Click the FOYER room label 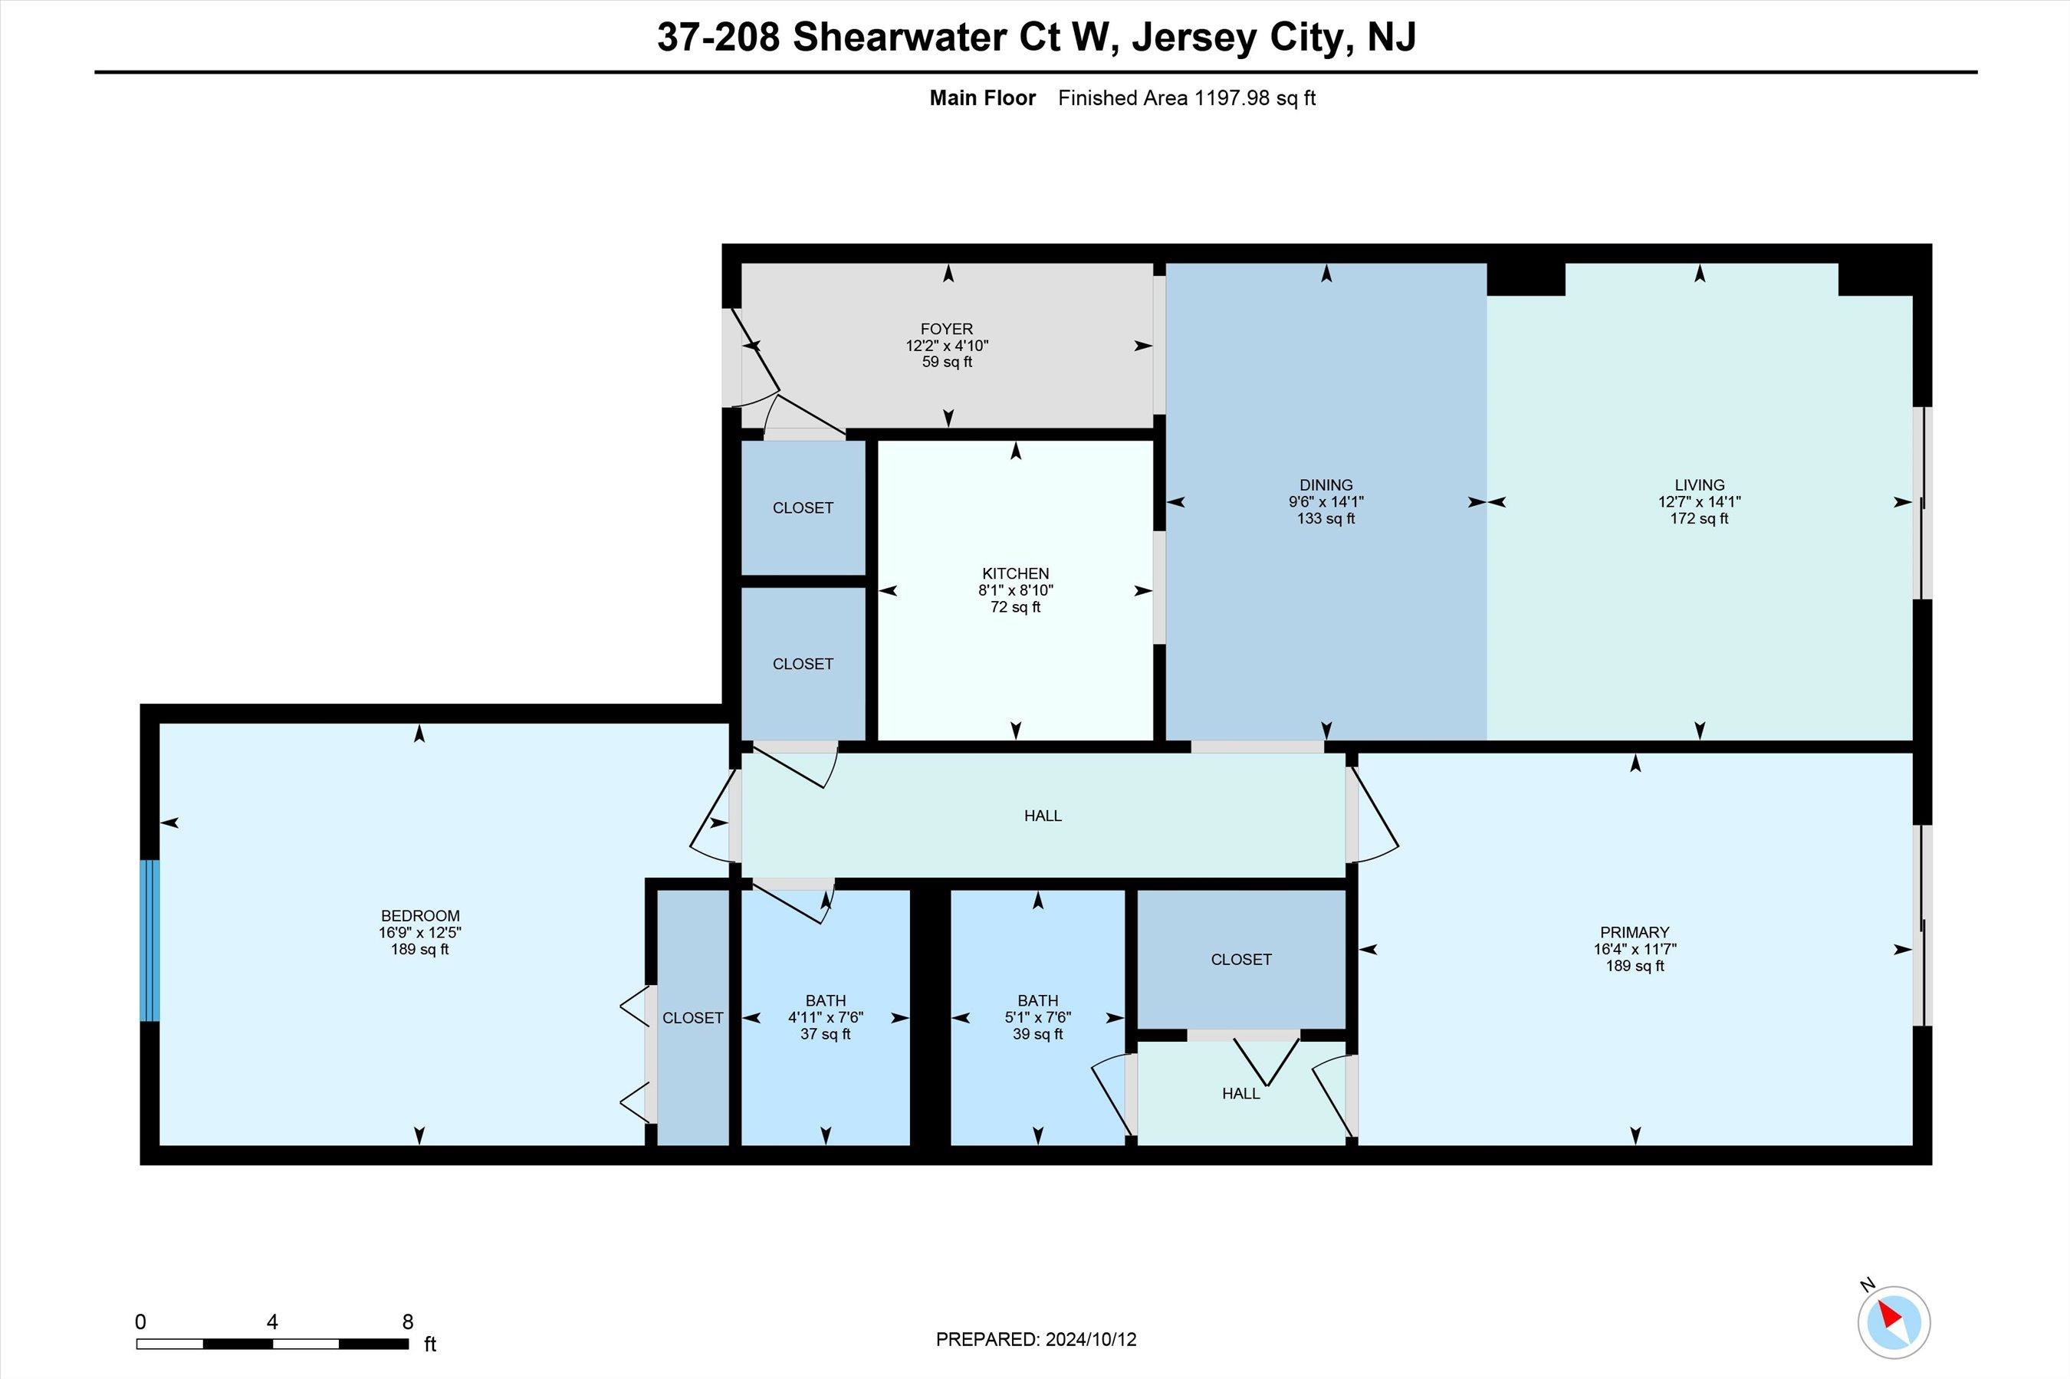coord(947,329)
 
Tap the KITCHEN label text coord(1016,573)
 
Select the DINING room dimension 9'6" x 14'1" coord(1326,502)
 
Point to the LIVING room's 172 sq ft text coord(1699,519)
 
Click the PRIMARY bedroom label coord(1635,932)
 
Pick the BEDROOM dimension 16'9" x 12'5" coord(419,932)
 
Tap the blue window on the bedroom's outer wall coord(150,940)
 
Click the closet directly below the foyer coord(803,507)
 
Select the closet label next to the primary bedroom coord(1240,960)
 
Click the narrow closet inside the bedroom coord(693,1017)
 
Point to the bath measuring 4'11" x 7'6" coord(825,1017)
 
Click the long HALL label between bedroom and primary coord(1043,816)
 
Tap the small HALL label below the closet coord(1240,1094)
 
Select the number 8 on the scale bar coord(407,1322)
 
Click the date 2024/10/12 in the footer coord(1090,1339)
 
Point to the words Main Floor coord(982,97)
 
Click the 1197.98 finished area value coord(1232,97)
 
